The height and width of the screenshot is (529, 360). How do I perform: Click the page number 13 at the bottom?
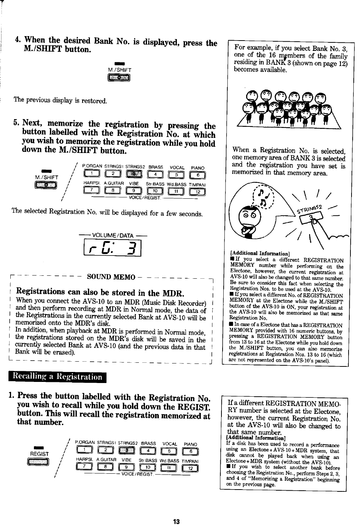pyautogui.click(x=176, y=522)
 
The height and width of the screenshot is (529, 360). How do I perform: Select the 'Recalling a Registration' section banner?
pyautogui.click(x=57, y=377)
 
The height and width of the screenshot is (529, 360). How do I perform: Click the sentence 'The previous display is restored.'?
pyautogui.click(x=60, y=100)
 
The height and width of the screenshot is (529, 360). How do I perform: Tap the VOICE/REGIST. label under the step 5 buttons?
pyautogui.click(x=144, y=198)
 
